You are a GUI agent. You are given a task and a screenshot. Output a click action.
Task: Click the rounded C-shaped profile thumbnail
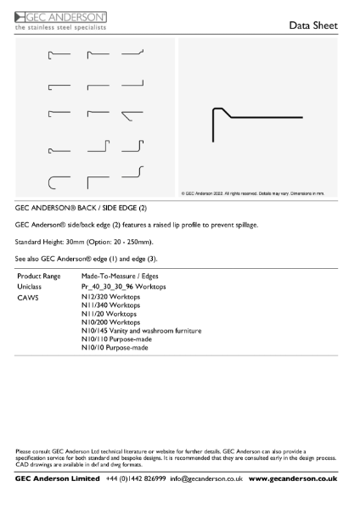[58, 182]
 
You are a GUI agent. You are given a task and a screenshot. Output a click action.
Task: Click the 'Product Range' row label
[39, 277]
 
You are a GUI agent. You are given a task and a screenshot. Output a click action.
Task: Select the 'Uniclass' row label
[30, 288]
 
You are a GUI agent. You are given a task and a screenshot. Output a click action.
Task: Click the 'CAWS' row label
[27, 299]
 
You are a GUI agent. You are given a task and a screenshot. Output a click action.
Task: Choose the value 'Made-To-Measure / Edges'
[120, 277]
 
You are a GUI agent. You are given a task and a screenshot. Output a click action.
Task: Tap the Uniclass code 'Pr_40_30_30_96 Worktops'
[124, 288]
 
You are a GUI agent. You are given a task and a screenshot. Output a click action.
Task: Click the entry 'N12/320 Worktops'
[110, 299]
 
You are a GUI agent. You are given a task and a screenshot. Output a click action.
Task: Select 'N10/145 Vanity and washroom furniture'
[141, 330]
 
